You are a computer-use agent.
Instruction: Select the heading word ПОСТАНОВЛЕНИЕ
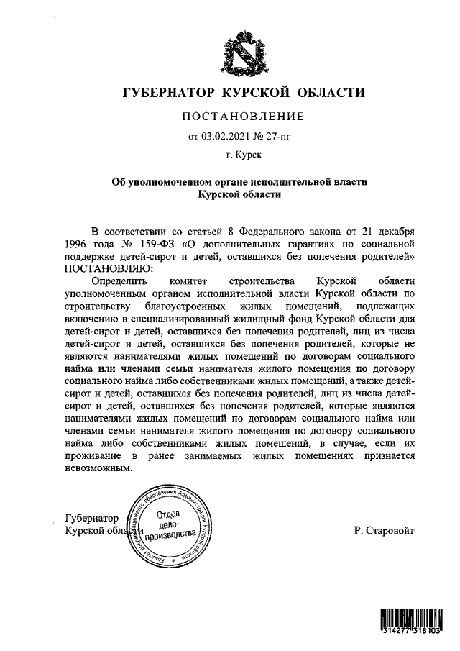[x=241, y=117]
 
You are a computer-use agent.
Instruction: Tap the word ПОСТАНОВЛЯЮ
[x=108, y=268]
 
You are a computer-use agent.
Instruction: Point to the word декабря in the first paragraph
[x=395, y=231]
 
